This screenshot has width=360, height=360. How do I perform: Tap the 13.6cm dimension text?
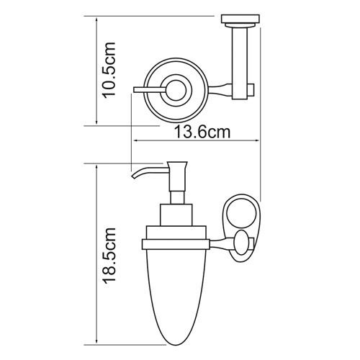[203, 134]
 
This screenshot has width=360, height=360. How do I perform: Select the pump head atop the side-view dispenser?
[178, 174]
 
